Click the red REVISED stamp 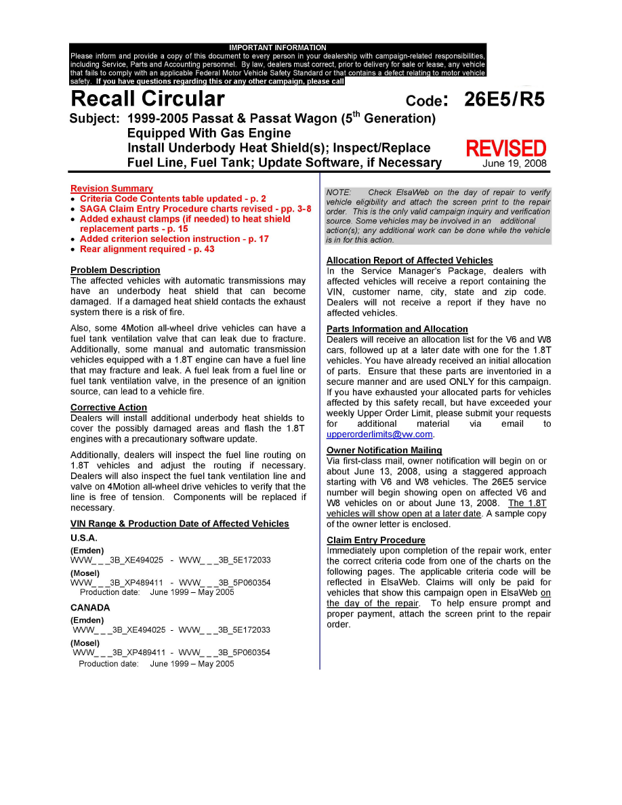(505, 148)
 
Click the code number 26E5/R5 (504, 100)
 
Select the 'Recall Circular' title (148, 99)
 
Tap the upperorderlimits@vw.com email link (379, 434)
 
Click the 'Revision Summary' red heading (112, 188)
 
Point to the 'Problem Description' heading (115, 270)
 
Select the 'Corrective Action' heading (108, 407)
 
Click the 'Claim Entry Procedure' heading (376, 540)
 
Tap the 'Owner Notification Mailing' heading (384, 450)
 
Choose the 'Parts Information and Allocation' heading (397, 329)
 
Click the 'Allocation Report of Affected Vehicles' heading (409, 260)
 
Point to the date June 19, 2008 (514, 163)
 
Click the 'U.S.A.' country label (84, 537)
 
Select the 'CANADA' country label (90, 607)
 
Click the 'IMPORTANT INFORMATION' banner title (278, 47)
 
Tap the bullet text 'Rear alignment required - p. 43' (147, 249)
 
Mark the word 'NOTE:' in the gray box (339, 192)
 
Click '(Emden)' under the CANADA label (87, 620)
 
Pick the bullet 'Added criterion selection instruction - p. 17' (174, 239)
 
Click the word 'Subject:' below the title (95, 119)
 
